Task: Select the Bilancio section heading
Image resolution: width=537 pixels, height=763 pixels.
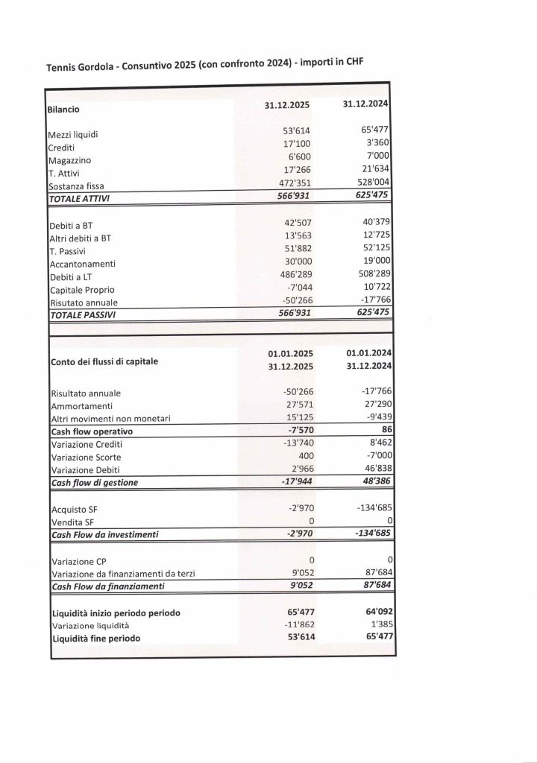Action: [x=63, y=109]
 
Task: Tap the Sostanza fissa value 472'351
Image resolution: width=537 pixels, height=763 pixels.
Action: [x=292, y=181]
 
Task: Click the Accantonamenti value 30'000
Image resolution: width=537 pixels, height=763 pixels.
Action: [x=292, y=262]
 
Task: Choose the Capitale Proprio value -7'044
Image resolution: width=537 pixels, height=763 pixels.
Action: [x=295, y=288]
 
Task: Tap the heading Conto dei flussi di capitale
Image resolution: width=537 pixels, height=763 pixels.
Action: [x=104, y=362]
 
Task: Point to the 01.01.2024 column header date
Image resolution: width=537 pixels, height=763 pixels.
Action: [x=371, y=352]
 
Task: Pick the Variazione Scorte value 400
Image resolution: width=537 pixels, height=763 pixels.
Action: [x=301, y=455]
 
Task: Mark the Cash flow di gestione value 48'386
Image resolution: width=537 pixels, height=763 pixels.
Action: [x=374, y=481]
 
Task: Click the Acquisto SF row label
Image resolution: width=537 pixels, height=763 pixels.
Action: [x=73, y=510]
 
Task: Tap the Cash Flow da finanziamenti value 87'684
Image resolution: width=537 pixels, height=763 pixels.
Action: [x=374, y=586]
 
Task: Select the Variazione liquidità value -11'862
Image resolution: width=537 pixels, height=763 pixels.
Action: [x=292, y=625]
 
